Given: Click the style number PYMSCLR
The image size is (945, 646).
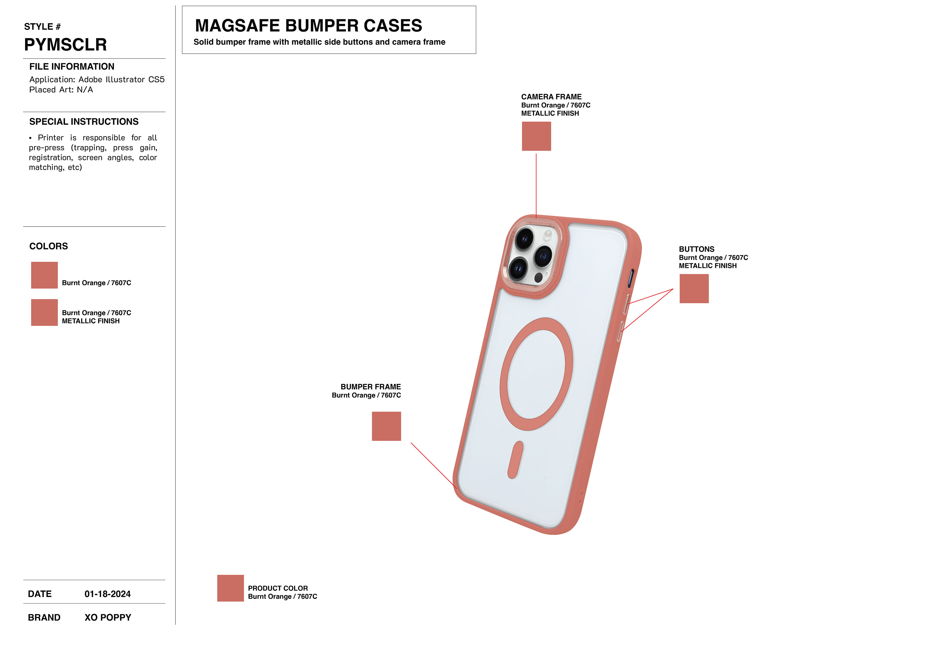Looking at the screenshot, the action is (65, 44).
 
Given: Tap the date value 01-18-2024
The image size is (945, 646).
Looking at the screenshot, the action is (107, 594).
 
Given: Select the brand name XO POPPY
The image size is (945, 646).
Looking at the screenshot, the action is (108, 617).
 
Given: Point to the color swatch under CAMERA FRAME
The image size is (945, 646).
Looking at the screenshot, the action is (536, 136).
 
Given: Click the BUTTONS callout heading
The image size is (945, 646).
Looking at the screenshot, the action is (696, 249).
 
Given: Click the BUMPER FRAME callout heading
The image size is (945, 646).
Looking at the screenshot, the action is (370, 387).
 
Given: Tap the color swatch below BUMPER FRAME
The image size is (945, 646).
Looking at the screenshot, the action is (386, 426).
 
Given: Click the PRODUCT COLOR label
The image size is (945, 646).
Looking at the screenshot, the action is (278, 588).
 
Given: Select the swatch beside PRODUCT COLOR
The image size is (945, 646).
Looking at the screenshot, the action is (230, 588).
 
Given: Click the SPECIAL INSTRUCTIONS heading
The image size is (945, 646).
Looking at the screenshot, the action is (84, 122).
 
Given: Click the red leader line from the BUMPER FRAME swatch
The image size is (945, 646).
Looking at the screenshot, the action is (433, 465).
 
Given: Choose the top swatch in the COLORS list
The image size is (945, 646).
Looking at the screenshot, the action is (44, 275).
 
